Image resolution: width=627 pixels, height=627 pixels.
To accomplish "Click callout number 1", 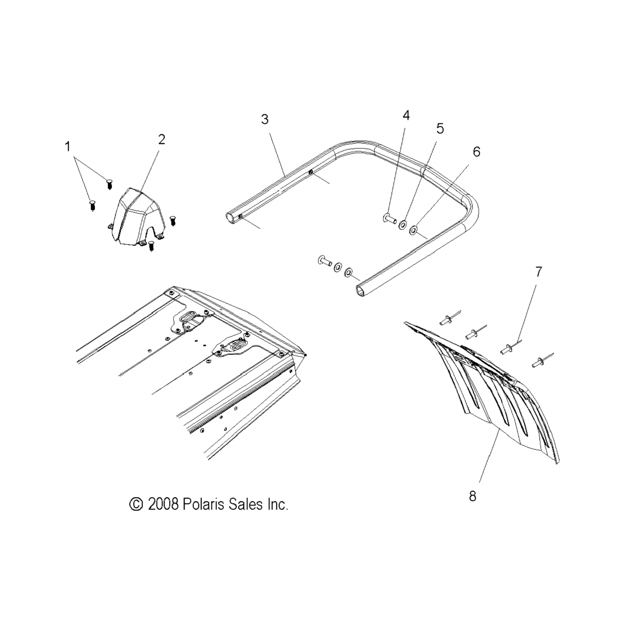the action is tap(67, 147).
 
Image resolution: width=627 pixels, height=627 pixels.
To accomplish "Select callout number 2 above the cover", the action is tap(162, 139).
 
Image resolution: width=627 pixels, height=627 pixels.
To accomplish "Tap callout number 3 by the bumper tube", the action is tap(265, 119).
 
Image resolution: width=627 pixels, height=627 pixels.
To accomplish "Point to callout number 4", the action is tap(406, 115).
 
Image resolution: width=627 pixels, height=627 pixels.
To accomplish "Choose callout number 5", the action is tap(440, 129).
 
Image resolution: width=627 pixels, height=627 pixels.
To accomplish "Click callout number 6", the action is tap(477, 152).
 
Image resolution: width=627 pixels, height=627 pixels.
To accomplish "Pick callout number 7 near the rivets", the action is tap(538, 272).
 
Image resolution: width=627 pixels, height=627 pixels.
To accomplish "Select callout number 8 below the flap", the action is tap(472, 496).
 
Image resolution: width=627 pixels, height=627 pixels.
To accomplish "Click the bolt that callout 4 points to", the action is tap(389, 218).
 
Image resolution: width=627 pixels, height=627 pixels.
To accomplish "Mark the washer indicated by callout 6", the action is tap(414, 229).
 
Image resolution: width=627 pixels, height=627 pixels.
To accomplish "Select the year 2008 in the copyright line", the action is tap(163, 504).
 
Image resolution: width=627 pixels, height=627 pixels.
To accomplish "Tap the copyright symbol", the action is tap(136, 504).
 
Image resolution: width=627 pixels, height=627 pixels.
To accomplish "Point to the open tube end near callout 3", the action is tap(231, 217).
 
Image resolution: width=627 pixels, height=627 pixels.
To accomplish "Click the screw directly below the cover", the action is tap(152, 247).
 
